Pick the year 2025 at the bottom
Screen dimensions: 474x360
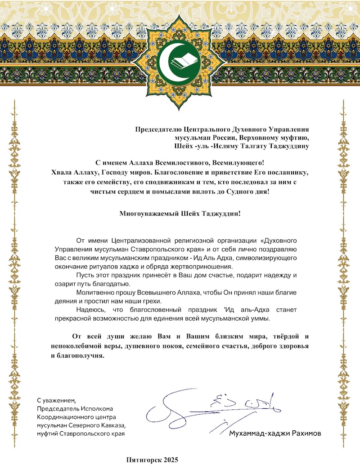pyautogui.click(x=171, y=460)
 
